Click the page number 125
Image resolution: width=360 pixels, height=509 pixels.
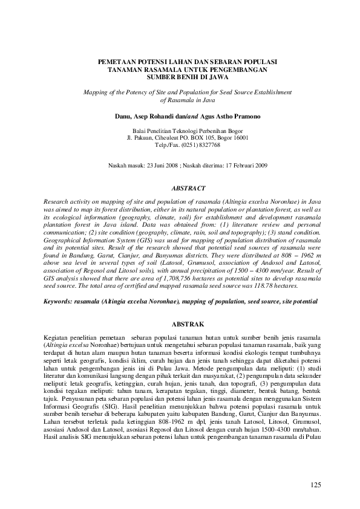(314, 485)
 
